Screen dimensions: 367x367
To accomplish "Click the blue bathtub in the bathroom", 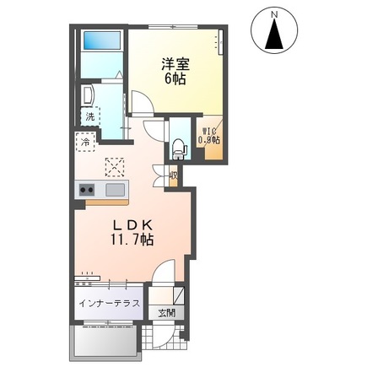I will point(102,40).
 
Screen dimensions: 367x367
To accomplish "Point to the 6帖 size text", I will point(175,78).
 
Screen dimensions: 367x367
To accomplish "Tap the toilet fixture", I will point(178,148).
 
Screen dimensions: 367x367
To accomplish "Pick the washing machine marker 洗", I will point(89,116).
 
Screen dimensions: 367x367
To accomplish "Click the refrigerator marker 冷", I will point(84,143).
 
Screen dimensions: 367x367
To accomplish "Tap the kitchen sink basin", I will point(114,189).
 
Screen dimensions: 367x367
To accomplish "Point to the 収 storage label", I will point(172,177).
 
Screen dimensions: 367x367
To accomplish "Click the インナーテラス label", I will point(108,302).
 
